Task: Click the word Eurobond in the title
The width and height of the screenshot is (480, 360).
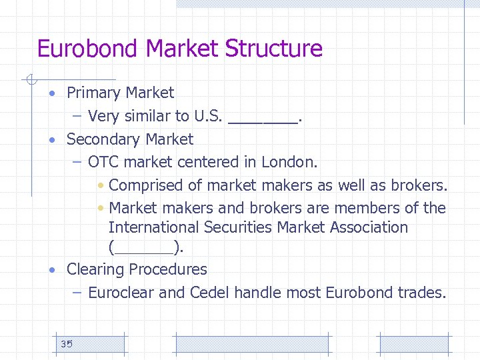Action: click(88, 49)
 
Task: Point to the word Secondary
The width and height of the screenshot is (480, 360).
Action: click(103, 139)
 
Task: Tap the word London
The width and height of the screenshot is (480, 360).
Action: click(289, 162)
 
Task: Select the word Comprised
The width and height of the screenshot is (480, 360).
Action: click(155, 185)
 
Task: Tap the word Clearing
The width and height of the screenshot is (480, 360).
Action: click(95, 269)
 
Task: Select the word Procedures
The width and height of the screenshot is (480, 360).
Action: click(168, 269)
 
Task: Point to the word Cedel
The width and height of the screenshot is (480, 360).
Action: click(209, 292)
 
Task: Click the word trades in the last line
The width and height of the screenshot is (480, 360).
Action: click(422, 292)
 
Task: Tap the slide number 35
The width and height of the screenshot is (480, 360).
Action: click(66, 344)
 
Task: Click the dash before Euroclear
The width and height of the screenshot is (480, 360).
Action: click(77, 292)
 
